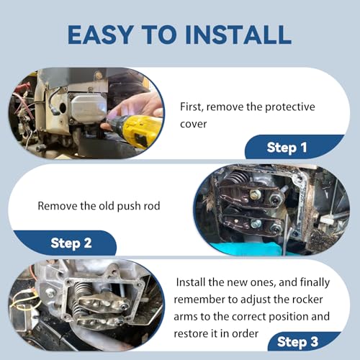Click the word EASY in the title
(101, 35)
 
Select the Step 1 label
(287, 148)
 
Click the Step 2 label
(71, 243)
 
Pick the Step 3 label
(297, 342)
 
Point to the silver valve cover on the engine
(89, 107)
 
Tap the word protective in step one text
(290, 107)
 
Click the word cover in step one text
(194, 125)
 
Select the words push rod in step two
(138, 206)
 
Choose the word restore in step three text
(189, 334)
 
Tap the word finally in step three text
(315, 283)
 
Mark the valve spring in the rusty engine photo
(236, 177)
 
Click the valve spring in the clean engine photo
(83, 289)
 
